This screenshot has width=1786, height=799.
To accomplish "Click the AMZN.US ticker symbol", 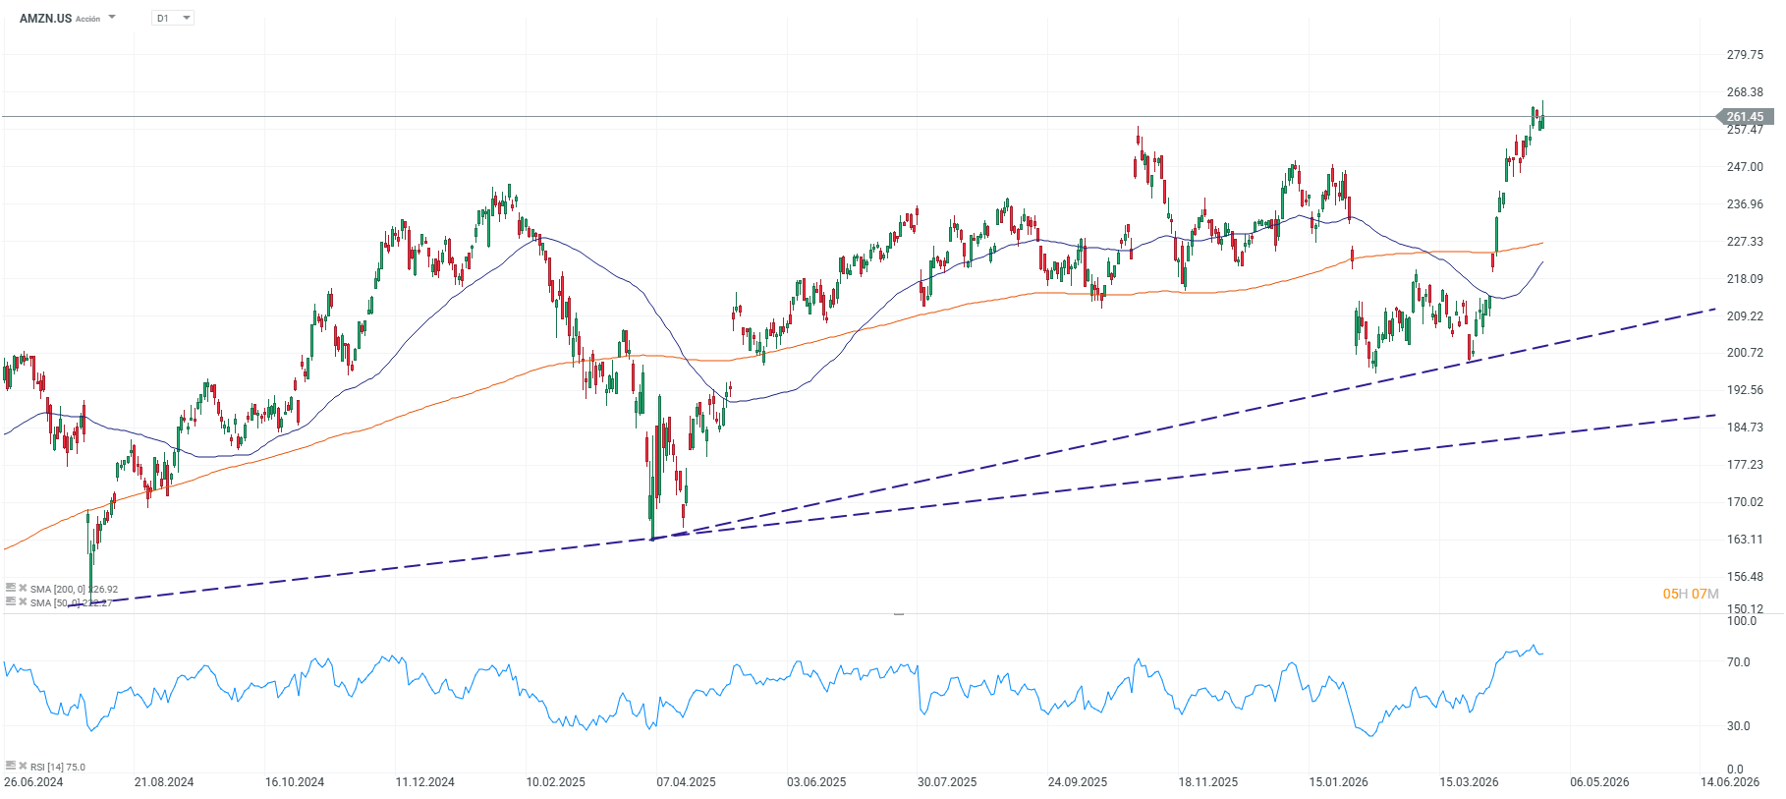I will click(45, 19).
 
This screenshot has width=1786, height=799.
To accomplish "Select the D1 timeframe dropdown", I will click(173, 19).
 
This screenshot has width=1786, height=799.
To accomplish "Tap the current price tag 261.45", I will click(1746, 117).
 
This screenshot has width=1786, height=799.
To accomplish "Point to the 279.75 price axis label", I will click(1745, 55).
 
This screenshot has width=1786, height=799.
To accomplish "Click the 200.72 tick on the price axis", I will click(1745, 353).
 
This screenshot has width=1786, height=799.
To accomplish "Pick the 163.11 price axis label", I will click(1745, 540).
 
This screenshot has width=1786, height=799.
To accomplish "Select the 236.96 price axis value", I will click(1745, 204).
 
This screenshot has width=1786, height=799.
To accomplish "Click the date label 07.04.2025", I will click(686, 782).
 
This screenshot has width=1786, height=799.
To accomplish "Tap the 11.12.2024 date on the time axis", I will click(424, 782).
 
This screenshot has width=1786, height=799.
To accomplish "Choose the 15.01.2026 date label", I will click(1338, 782).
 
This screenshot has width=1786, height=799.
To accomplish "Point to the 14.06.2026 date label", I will click(1730, 782).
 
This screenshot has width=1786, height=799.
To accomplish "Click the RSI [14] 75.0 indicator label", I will click(57, 768).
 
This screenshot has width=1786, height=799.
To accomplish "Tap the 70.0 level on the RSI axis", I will click(1739, 662).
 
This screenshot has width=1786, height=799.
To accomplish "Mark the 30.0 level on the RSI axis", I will click(1739, 726).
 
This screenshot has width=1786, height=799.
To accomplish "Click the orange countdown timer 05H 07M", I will click(1690, 594).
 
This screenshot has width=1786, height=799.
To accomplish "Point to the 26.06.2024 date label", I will click(33, 782).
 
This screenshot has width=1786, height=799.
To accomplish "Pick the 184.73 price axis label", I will click(1745, 428).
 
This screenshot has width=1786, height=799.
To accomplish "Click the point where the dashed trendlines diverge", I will click(653, 539).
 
